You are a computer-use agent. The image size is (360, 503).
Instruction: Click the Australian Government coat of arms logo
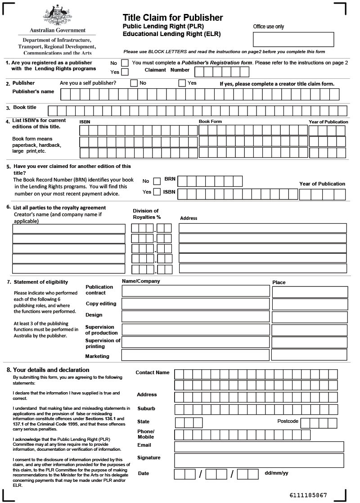click(x=57, y=16)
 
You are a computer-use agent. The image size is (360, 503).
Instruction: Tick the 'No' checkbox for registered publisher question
click(x=125, y=63)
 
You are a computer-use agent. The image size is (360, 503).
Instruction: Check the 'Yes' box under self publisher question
click(x=182, y=83)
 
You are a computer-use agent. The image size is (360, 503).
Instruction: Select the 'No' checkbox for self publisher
click(x=134, y=83)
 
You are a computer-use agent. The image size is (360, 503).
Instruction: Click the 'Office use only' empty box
click(x=293, y=39)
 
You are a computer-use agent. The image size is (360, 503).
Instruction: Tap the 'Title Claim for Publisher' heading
click(x=173, y=18)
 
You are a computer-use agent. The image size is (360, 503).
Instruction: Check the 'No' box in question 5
click(x=157, y=181)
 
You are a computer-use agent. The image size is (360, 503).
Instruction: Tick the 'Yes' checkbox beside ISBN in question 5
click(x=157, y=192)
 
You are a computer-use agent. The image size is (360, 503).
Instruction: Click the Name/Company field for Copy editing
click(x=196, y=304)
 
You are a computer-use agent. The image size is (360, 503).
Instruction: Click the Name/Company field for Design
click(x=196, y=317)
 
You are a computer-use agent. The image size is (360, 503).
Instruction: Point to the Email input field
click(x=259, y=446)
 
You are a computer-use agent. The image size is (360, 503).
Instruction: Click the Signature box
click(x=259, y=460)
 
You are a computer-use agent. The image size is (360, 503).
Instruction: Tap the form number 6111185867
click(x=308, y=495)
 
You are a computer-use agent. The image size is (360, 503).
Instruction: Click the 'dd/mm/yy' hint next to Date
click(x=276, y=473)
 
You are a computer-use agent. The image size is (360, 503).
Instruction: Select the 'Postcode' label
click(x=288, y=421)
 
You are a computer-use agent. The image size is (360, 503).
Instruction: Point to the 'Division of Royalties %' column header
click(x=147, y=214)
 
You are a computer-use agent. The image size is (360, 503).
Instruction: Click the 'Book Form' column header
click(x=210, y=122)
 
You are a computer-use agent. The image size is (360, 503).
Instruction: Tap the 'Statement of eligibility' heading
click(x=41, y=282)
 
